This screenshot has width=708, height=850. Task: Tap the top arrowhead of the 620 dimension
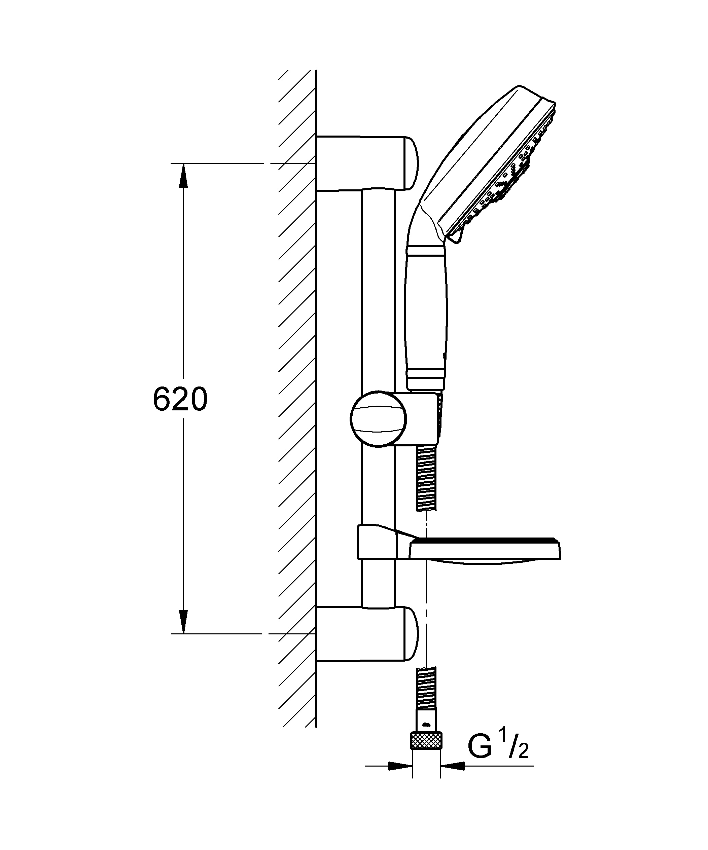click(183, 176)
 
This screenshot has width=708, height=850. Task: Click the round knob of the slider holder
click(378, 418)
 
